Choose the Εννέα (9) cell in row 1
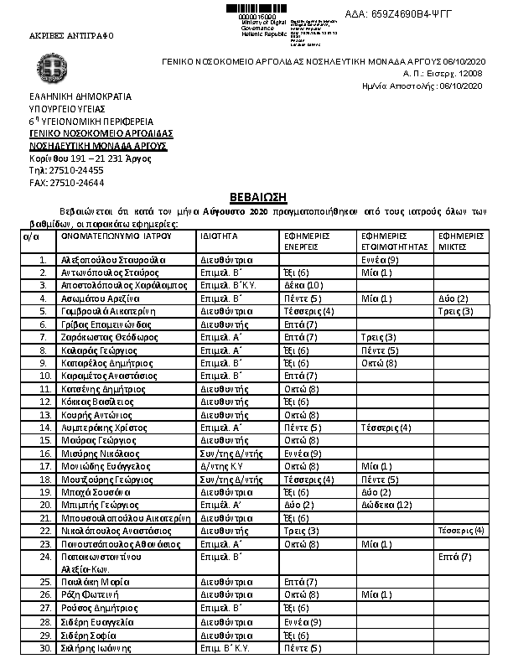379,260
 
